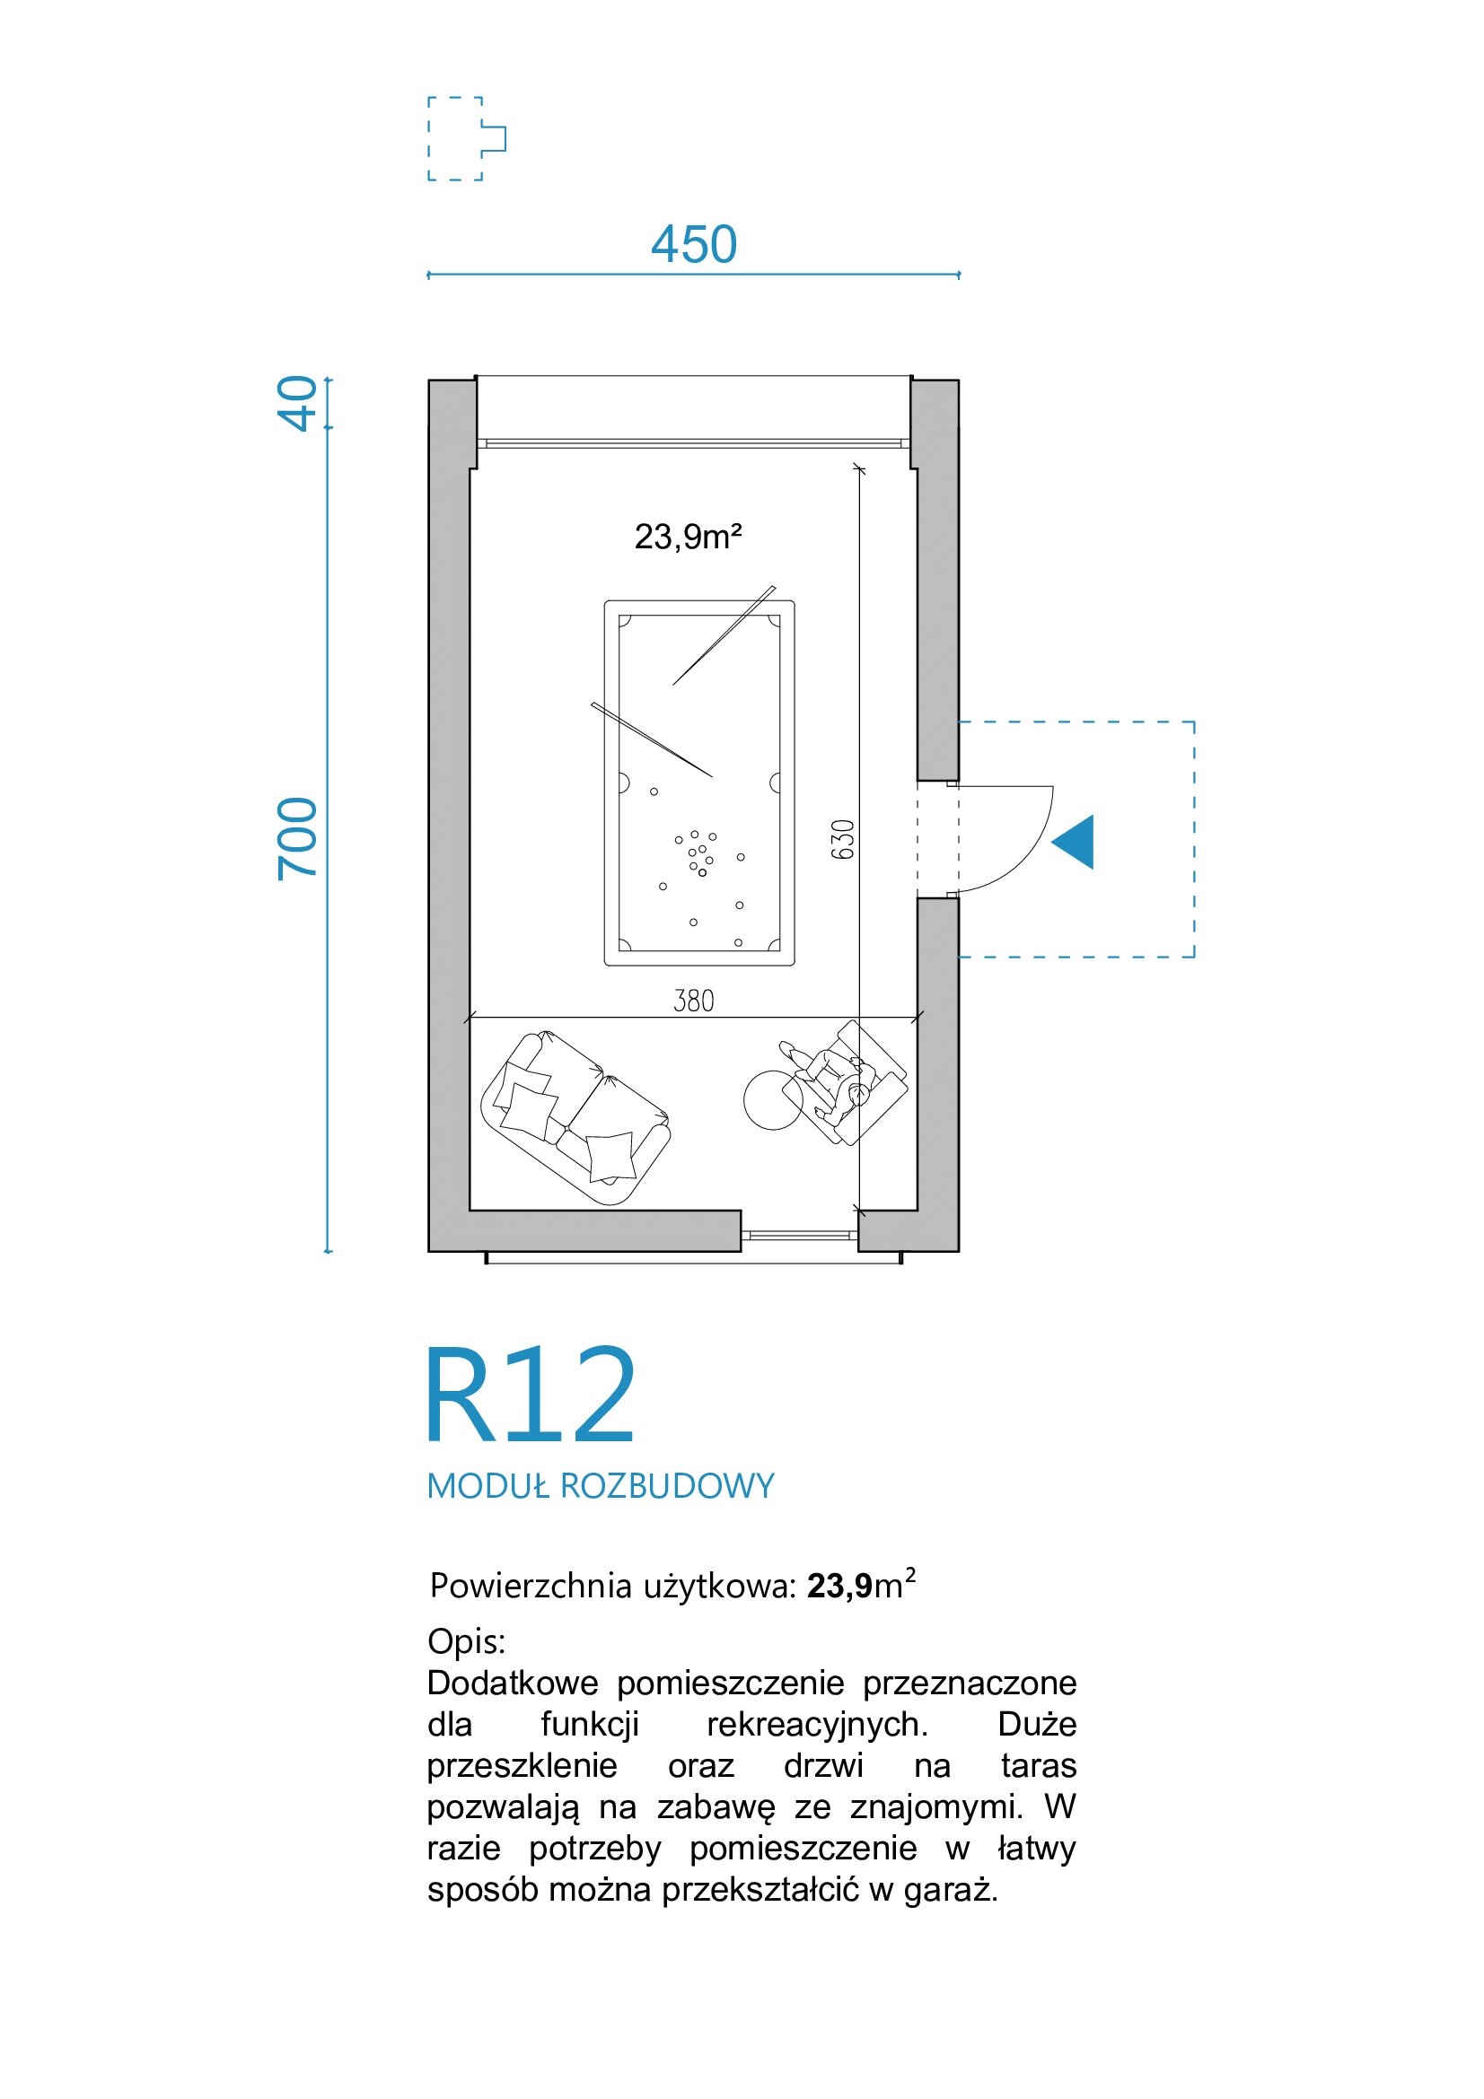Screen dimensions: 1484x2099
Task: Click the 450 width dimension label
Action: (x=694, y=244)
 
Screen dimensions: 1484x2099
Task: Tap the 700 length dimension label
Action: (x=297, y=838)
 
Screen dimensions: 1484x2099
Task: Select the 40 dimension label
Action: (x=297, y=402)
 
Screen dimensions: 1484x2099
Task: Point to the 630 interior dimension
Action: (x=842, y=839)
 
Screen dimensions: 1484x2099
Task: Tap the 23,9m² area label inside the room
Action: (x=688, y=537)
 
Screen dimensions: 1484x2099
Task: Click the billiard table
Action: (x=699, y=783)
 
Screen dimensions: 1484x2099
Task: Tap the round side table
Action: (x=774, y=1100)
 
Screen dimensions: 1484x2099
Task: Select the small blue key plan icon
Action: (x=466, y=138)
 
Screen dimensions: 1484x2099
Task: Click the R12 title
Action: (x=531, y=1395)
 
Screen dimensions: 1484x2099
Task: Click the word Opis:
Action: (x=466, y=1642)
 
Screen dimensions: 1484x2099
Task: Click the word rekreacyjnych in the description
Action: (x=817, y=1724)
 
